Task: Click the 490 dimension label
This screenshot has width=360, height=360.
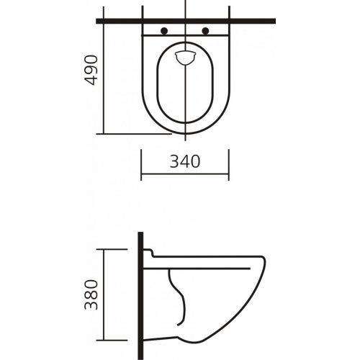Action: point(91,70)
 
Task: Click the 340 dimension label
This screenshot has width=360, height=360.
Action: point(185,161)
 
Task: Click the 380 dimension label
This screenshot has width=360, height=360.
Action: point(91,294)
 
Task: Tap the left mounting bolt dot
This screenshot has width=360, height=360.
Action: point(164,31)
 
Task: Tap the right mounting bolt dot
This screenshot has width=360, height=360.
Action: point(206,31)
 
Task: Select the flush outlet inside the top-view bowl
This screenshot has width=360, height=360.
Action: point(185,58)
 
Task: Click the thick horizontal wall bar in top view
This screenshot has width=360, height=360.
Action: point(186,21)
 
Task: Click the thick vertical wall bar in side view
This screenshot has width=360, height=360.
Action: point(140,296)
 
